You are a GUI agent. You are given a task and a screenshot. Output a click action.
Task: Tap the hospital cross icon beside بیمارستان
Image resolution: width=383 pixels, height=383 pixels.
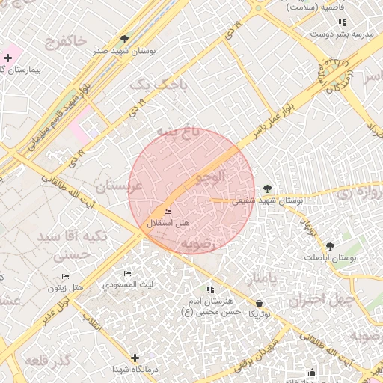(7, 58)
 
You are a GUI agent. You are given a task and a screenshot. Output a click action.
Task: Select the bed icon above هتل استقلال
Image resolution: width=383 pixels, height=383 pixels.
(167, 212)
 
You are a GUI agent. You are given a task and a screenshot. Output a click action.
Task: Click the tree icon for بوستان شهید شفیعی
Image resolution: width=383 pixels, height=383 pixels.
(268, 189)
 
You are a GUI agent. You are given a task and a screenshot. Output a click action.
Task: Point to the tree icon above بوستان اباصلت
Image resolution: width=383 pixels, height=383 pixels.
(330, 245)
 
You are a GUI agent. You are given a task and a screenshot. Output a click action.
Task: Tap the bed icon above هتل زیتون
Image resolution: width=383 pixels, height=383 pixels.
(66, 276)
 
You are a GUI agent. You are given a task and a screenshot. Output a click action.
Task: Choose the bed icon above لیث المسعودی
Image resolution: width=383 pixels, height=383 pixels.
(127, 274)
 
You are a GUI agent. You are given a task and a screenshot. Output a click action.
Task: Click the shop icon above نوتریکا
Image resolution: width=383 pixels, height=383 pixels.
(259, 303)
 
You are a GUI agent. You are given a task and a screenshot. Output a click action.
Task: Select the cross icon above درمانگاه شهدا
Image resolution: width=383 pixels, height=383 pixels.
(135, 358)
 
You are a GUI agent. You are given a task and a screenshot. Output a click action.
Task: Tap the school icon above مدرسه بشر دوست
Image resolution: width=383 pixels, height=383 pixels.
(343, 23)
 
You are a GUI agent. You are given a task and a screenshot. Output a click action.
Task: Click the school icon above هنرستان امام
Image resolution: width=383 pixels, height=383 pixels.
(210, 289)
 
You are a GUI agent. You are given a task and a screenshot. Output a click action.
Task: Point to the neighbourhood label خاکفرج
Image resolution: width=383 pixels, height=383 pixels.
(66, 41)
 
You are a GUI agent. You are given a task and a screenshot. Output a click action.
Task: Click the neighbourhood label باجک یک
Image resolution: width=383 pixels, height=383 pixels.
(159, 85)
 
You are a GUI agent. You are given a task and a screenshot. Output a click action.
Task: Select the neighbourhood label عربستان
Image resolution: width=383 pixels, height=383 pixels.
(119, 185)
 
